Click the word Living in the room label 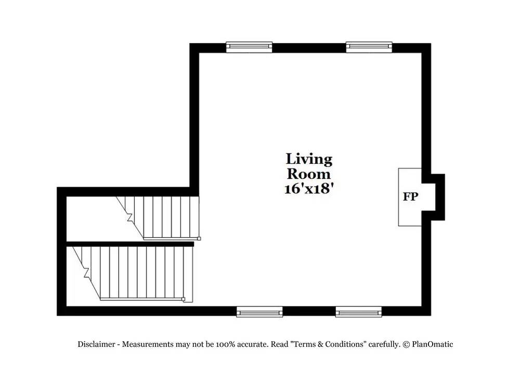click(309, 159)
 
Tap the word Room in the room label click(309, 174)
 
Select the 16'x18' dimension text click(309, 189)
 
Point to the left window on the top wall click(249, 47)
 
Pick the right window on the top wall click(369, 47)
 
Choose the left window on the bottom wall click(259, 311)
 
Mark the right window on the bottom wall click(358, 311)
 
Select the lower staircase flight click(138, 272)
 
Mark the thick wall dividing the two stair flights click(130, 243)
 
